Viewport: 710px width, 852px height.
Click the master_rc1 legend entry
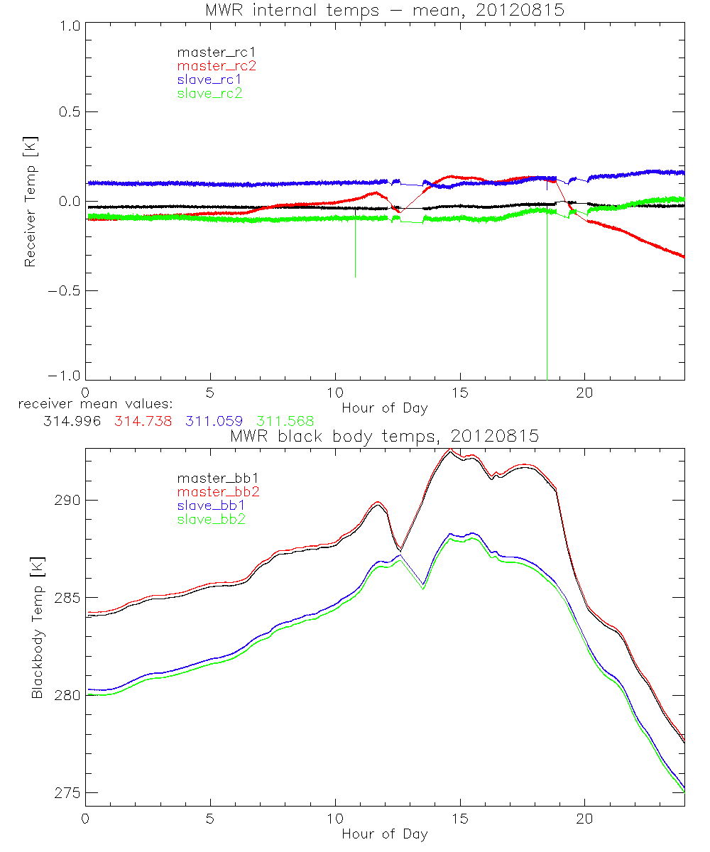[209, 52]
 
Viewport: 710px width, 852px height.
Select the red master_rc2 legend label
[209, 65]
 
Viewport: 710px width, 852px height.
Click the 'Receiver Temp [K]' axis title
[30, 201]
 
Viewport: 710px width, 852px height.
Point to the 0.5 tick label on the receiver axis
[66, 112]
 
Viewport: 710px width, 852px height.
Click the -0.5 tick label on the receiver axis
[62, 290]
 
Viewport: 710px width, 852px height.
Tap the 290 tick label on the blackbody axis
[67, 500]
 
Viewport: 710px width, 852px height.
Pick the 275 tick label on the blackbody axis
[67, 792]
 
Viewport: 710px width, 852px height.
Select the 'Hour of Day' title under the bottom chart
[384, 834]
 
